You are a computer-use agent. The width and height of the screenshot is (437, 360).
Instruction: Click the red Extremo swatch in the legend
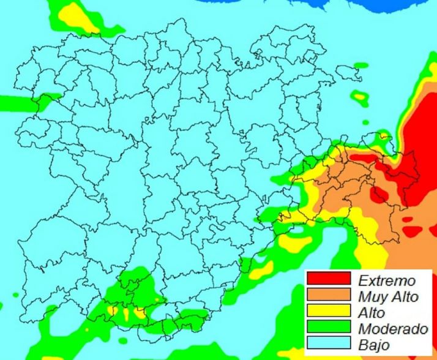coord(328,280)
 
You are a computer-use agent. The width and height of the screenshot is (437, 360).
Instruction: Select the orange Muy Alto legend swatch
coord(328,297)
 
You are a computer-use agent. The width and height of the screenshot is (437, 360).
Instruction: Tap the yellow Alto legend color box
coord(328,313)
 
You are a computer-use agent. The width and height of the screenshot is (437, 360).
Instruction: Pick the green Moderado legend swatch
coord(328,329)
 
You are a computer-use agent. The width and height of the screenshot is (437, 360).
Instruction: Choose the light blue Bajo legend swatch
coord(328,345)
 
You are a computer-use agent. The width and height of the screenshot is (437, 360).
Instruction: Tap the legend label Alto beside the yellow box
coord(371,313)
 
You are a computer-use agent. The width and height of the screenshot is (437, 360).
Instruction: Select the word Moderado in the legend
coord(392,329)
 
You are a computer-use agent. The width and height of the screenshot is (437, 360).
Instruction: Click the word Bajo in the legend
coord(373,345)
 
